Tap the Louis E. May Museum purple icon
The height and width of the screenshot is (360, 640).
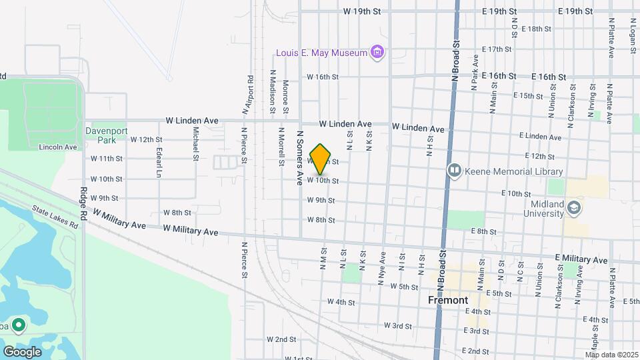click(x=378, y=52)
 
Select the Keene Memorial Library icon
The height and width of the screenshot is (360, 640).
click(x=455, y=171)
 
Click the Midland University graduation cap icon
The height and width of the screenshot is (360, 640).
click(x=573, y=209)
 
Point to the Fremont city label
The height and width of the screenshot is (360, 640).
click(x=447, y=300)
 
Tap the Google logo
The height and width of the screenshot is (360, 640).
click(x=22, y=351)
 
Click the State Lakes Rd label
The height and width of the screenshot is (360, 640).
click(x=55, y=217)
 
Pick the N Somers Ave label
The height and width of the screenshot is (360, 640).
click(x=299, y=157)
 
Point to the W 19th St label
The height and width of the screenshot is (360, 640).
click(x=362, y=11)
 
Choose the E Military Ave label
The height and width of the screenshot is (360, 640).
click(x=581, y=259)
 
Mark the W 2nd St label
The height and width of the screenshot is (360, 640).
click(x=281, y=339)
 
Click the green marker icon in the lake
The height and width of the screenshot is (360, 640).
click(x=19, y=325)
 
